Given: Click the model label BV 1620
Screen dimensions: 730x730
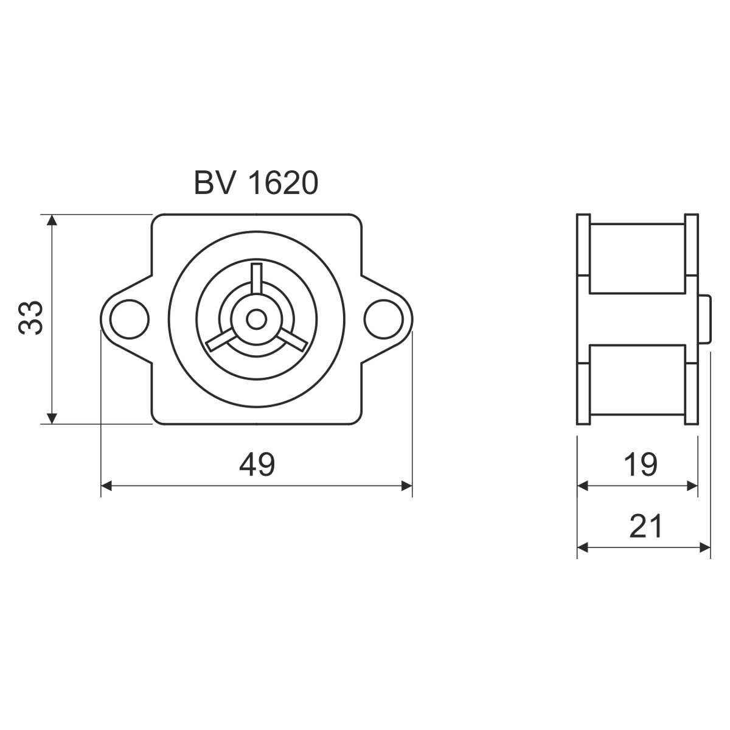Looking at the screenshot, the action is coord(256,183).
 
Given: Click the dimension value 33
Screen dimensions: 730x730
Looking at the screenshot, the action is coord(30,318).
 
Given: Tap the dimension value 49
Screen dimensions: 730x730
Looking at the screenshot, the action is coord(257,464).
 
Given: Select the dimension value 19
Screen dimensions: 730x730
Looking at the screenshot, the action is coord(640,464).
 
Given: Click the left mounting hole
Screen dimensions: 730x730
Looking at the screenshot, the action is coord(129,319).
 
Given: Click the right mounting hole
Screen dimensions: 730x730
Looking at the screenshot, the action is coord(384,319).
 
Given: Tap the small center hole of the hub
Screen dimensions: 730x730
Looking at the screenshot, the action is coord(257,319).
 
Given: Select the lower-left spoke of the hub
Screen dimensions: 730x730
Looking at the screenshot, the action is coord(220,340).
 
